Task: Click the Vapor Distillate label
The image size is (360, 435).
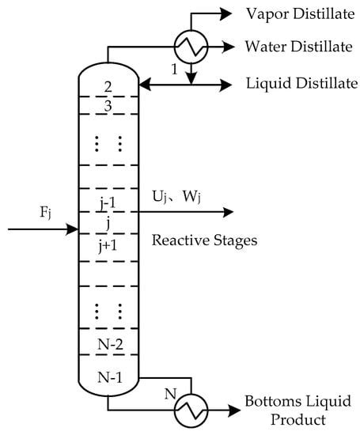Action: [301, 14]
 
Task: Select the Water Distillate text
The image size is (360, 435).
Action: [298, 47]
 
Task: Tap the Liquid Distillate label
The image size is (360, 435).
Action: [302, 83]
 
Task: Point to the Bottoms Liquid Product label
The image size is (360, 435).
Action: [297, 410]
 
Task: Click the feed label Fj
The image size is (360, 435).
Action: [46, 213]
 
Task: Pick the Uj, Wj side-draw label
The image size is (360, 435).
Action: [176, 197]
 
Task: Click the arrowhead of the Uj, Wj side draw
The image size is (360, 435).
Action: [228, 212]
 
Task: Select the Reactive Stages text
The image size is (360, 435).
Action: [204, 240]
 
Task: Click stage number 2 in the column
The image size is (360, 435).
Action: [108, 87]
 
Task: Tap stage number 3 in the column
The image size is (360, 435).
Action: [108, 106]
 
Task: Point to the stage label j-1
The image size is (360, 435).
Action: [108, 204]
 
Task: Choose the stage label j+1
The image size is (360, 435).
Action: [108, 246]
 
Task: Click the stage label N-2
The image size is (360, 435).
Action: [110, 345]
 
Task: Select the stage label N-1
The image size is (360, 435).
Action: [110, 377]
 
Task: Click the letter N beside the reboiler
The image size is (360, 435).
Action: [170, 393]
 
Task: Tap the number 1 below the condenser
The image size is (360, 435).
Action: [174, 70]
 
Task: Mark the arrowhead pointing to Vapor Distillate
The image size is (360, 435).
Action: [226, 14]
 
